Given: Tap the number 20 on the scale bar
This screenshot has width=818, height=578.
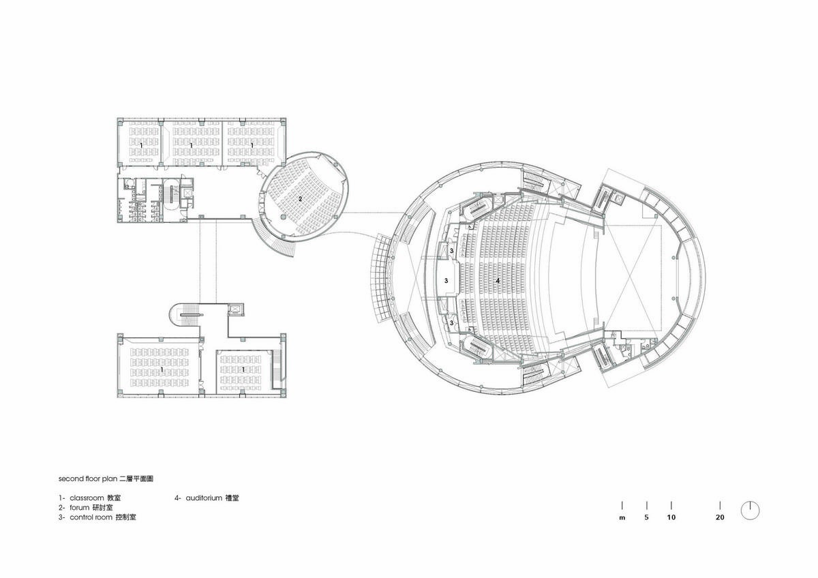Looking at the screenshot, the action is click(720, 517).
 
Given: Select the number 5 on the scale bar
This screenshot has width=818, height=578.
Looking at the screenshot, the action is click(646, 517).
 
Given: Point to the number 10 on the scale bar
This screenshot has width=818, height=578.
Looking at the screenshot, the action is click(671, 517).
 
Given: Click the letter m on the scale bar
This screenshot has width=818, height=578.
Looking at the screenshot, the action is click(622, 518).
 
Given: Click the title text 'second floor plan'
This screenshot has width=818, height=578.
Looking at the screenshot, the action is click(88, 478).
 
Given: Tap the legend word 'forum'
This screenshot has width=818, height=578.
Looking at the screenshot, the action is click(80, 508).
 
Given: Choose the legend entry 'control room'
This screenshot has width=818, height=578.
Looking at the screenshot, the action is click(91, 517).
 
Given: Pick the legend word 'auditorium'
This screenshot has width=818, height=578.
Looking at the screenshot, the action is click(204, 498).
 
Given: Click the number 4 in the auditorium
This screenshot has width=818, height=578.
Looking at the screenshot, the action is click(498, 280).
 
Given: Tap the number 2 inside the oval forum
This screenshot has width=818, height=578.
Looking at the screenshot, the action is click(300, 199).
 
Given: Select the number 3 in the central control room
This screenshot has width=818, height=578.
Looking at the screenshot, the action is click(446, 281).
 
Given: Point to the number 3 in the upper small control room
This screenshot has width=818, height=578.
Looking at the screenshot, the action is click(452, 251).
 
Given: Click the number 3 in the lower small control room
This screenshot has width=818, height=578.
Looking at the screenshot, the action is click(452, 323).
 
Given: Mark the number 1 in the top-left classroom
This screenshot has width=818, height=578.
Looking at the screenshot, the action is click(141, 145).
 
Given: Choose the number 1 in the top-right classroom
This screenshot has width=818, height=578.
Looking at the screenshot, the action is click(252, 145).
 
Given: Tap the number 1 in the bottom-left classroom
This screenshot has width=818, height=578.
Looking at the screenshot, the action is click(162, 369).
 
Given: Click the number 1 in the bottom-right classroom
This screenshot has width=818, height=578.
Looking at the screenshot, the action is click(243, 369).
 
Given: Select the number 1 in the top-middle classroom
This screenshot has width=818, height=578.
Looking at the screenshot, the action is click(192, 145).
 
